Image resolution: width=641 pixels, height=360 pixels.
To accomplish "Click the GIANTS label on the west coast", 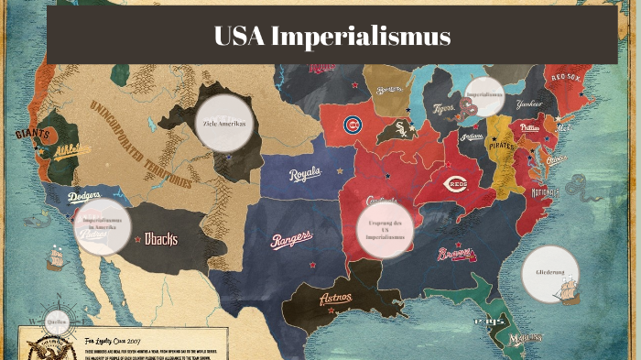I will tap(32, 134).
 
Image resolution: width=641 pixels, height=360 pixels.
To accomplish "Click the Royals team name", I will tap(305, 174).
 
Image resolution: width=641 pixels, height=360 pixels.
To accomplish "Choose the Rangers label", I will tap(290, 239).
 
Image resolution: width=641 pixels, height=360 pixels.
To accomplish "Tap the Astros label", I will tap(335, 298).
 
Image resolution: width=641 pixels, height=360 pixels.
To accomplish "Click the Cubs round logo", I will tap(353, 124).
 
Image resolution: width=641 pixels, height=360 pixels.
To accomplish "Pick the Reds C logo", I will tap(456, 183).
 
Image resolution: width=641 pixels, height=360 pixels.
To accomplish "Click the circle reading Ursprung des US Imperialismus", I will tap(386, 230).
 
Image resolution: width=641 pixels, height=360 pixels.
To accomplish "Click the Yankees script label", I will tap(528, 104).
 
